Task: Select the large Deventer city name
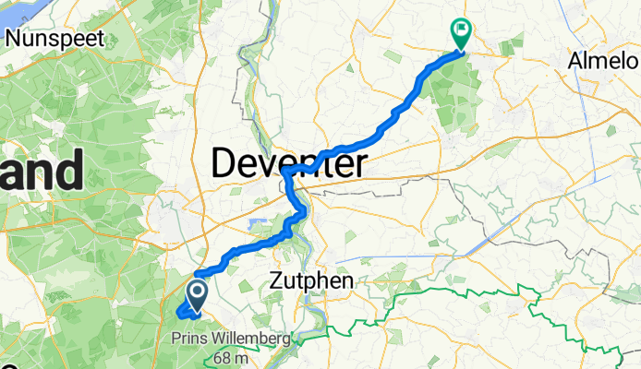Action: point(288,164)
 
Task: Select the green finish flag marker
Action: point(460,33)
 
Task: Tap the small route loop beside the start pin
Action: point(182,311)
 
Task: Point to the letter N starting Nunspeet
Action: point(13,39)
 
